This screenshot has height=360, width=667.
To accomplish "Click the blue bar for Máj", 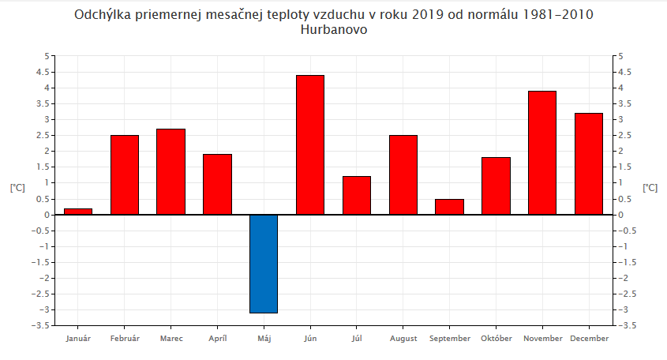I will click(264, 264).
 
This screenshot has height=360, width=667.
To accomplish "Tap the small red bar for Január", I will click(78, 212).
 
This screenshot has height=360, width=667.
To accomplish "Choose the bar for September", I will click(449, 207).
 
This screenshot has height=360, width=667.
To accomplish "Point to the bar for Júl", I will click(357, 195).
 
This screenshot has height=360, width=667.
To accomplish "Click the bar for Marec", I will click(170, 171).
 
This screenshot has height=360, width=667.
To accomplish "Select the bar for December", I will click(589, 163).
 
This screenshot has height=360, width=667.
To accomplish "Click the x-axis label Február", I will click(125, 339).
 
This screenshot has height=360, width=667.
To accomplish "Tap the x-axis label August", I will click(403, 339).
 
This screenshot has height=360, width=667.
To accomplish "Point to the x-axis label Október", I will click(497, 339).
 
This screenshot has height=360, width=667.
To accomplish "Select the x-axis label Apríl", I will click(217, 339).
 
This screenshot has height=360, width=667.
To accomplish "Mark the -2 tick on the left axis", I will click(46, 278).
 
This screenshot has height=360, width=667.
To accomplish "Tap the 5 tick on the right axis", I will click(620, 56).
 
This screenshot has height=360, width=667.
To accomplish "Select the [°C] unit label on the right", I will click(650, 188).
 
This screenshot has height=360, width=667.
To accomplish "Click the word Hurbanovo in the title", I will click(334, 30).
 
